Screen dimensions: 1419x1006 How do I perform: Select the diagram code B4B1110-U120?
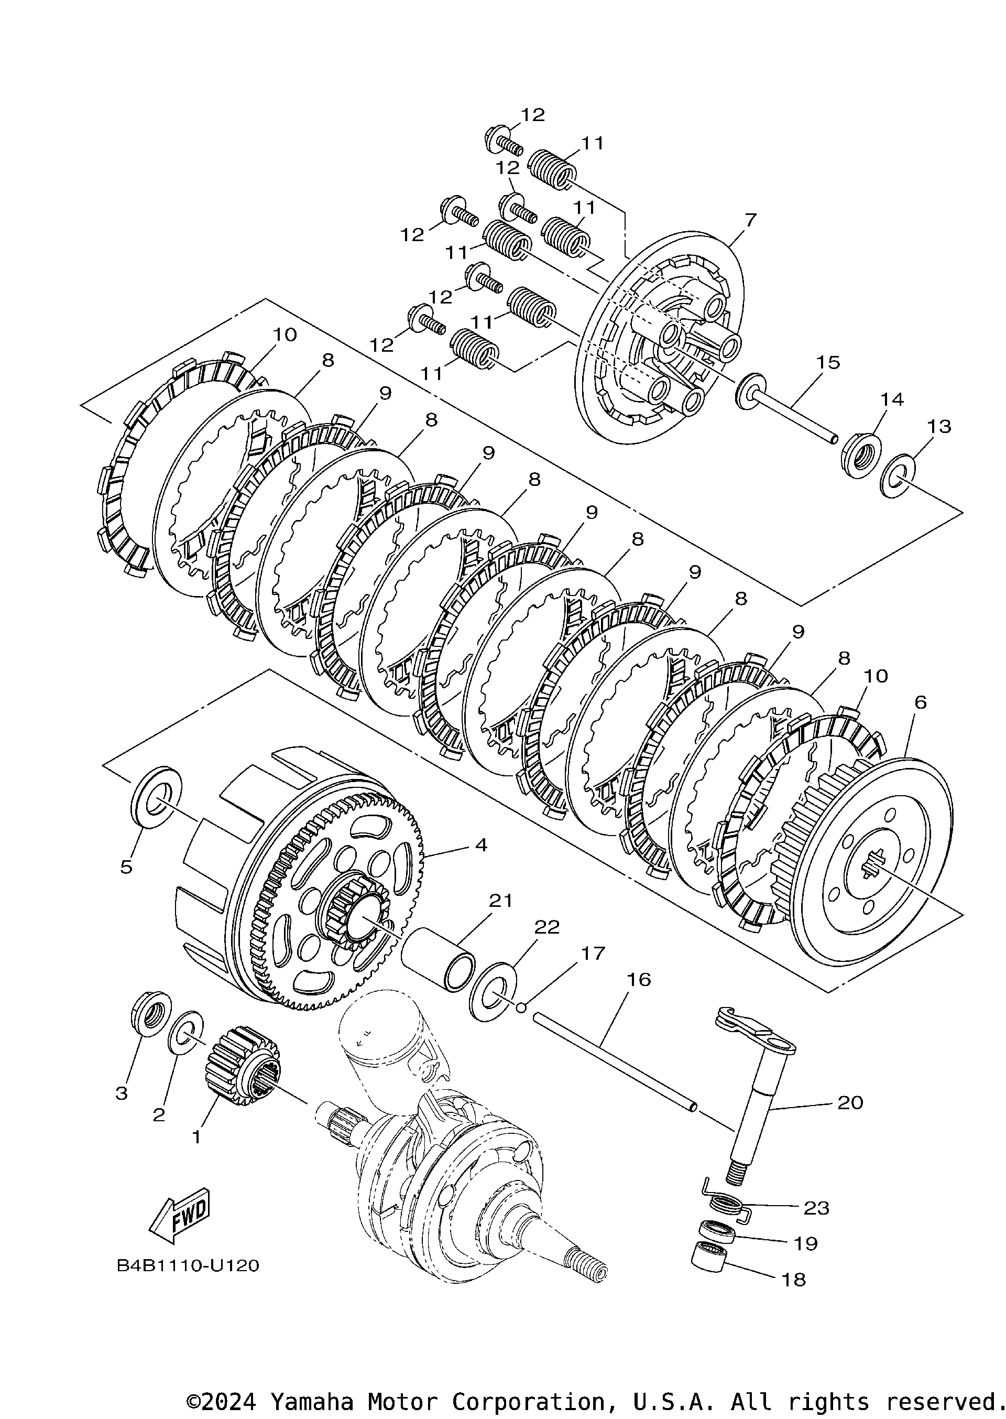[x=188, y=1265]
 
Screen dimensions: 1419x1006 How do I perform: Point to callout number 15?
[x=828, y=363]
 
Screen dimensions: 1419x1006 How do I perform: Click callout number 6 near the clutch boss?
[x=920, y=702]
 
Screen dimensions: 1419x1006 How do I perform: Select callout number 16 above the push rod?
[x=639, y=980]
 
